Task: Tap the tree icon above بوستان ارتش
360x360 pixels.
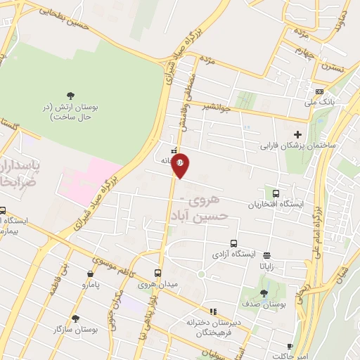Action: [x=70, y=96]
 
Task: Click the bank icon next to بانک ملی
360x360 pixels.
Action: [x=320, y=92]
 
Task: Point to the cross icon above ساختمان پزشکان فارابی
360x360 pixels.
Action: [x=297, y=134]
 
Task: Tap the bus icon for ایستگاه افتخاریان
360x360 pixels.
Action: [x=275, y=193]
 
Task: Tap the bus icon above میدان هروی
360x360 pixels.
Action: [x=157, y=273]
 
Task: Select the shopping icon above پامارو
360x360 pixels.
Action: [x=91, y=274]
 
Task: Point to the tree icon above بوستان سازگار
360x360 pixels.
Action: [x=75, y=318]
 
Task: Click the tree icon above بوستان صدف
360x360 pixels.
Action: [x=264, y=293]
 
